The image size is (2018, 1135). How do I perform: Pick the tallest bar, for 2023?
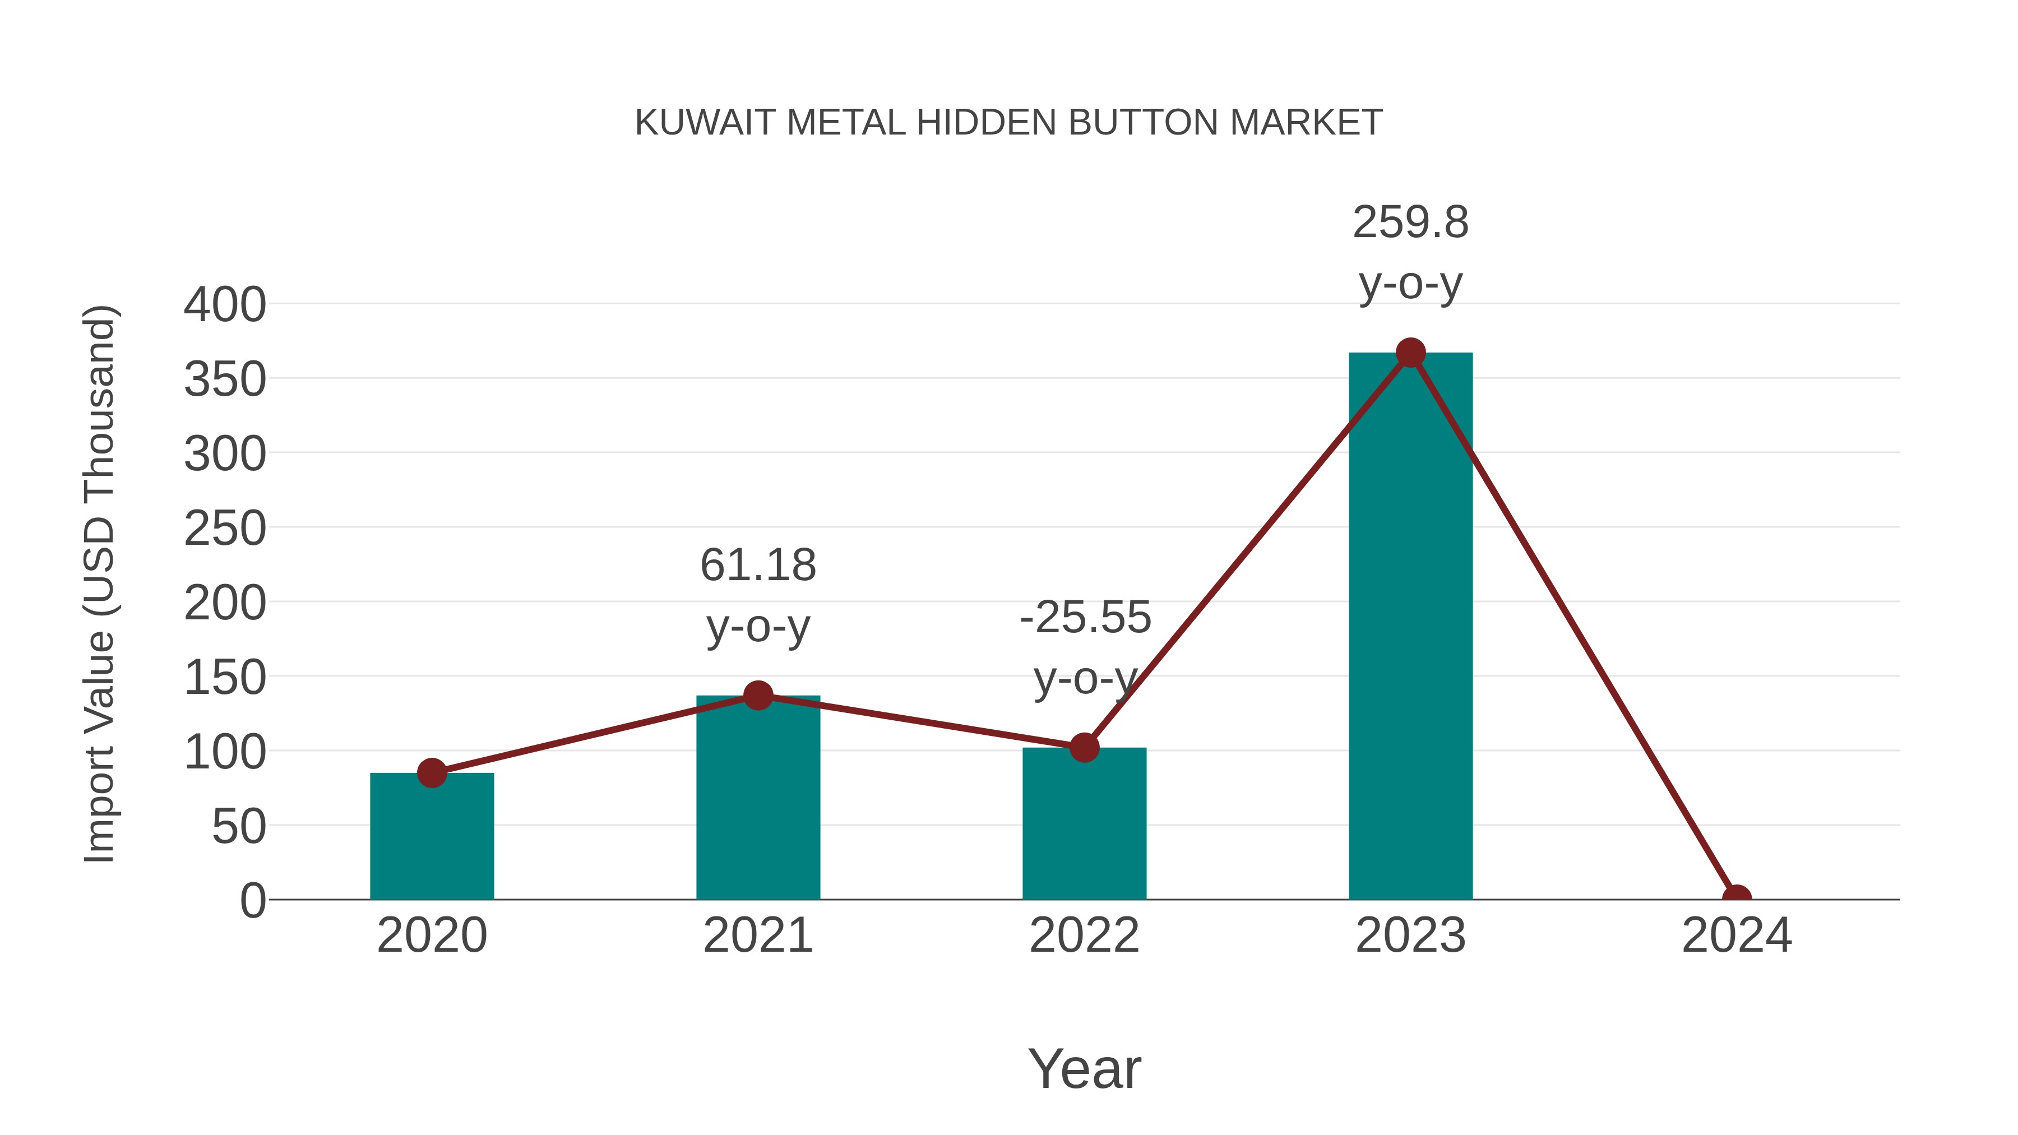(1410, 627)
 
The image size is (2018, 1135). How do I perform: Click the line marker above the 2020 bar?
(432, 773)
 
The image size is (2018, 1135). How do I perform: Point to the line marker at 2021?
(757, 695)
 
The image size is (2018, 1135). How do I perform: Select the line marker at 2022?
(1084, 747)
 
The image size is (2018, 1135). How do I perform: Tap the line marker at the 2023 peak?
(1410, 353)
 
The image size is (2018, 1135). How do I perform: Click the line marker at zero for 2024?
(1736, 898)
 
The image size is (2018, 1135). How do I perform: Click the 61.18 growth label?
(757, 566)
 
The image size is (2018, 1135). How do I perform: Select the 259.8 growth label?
(1410, 223)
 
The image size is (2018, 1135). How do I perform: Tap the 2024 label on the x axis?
(1736, 935)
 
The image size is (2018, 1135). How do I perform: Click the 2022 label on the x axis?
(1084, 935)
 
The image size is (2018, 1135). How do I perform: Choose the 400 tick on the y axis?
(225, 305)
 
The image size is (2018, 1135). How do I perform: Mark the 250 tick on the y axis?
(225, 529)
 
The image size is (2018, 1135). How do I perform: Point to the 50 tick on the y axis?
(238, 826)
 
